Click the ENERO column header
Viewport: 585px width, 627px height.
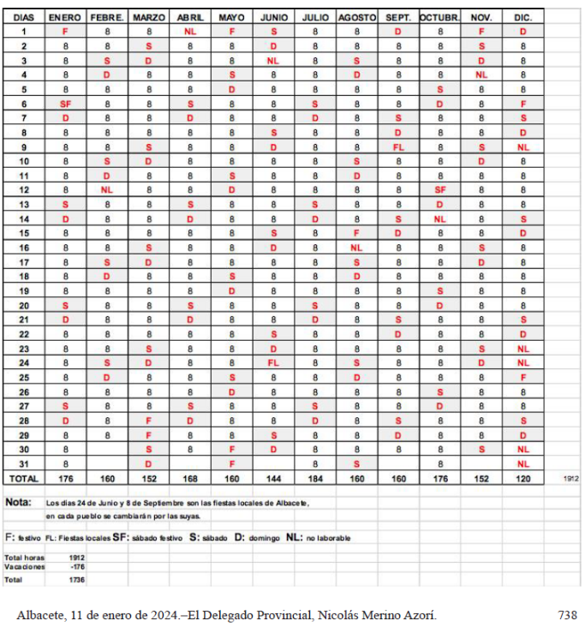tap(65, 17)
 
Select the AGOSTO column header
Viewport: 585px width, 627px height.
tap(356, 17)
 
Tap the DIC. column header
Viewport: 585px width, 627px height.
tap(522, 17)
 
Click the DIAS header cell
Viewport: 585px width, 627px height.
tap(24, 17)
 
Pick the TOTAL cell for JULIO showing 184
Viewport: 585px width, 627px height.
tap(315, 478)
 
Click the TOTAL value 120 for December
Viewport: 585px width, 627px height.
tap(522, 478)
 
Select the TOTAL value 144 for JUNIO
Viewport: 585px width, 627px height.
tap(273, 478)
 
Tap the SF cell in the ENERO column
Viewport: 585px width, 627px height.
tap(65, 103)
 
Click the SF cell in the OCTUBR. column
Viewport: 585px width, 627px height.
tap(439, 189)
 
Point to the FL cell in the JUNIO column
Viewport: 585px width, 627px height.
tap(273, 362)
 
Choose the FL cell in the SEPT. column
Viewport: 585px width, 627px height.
tap(398, 146)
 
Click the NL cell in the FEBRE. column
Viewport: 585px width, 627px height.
tap(107, 189)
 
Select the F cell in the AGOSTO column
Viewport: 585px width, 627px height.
tap(356, 233)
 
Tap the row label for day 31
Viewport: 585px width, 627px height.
tap(24, 463)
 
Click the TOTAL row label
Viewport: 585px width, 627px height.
tap(24, 478)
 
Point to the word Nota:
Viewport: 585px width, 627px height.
tap(18, 502)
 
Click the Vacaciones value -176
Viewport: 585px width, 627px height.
tap(76, 566)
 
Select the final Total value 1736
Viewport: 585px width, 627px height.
tap(76, 580)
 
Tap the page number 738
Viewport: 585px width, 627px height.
tap(566, 614)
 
